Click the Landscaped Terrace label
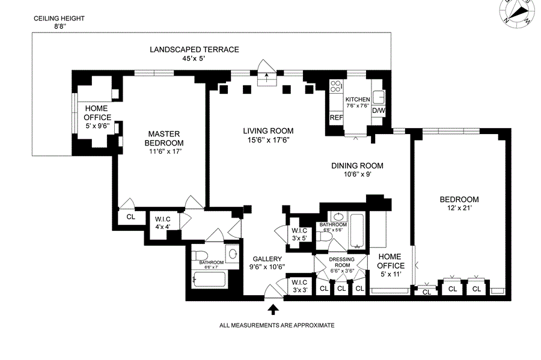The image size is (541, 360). point(194,50)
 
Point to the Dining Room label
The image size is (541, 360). point(357,166)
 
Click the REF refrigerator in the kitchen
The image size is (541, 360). point(336,118)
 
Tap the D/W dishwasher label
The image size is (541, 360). point(379,111)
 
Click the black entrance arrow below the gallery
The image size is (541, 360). point(273,309)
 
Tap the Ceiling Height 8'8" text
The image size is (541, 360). point(59,23)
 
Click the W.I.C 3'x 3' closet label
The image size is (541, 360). point(299,286)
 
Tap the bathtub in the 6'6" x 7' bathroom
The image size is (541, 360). point(209,279)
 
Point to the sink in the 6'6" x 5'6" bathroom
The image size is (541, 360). point(338,217)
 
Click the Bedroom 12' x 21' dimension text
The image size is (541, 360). point(459,208)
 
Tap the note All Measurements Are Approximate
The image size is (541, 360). point(277,325)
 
